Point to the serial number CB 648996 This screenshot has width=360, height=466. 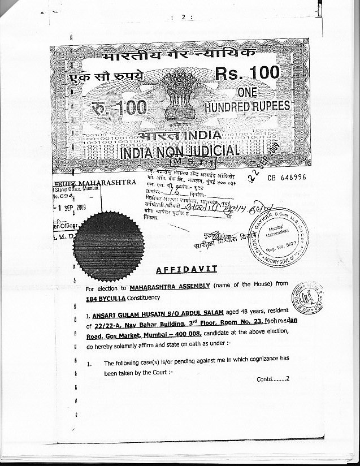click(286, 177)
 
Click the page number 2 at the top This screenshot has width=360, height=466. click(183, 18)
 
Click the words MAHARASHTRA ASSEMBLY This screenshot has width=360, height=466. click(168, 288)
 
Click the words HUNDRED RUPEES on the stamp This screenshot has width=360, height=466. click(247, 106)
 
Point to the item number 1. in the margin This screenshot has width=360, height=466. click(89, 364)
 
